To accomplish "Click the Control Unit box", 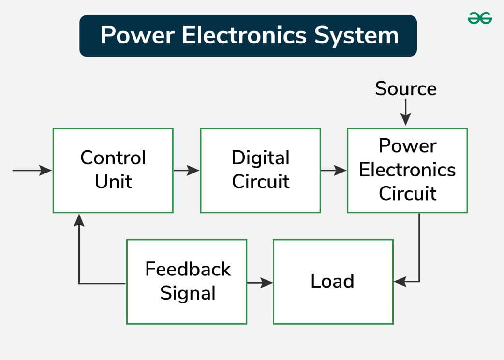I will pyautogui.click(x=113, y=170).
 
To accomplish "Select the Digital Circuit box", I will pyautogui.click(x=260, y=170).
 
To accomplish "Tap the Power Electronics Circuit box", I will pyautogui.click(x=407, y=170).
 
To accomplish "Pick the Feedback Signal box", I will pyautogui.click(x=187, y=281).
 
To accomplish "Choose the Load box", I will pyautogui.click(x=333, y=281).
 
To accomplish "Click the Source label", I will pyautogui.click(x=406, y=88).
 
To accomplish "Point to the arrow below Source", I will pyautogui.click(x=406, y=114).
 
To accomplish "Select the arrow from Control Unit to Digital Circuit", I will pyautogui.click(x=186, y=170).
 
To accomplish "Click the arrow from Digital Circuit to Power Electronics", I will pyautogui.click(x=334, y=170).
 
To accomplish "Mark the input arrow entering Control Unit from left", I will pyautogui.click(x=32, y=170).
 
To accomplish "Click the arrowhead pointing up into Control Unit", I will pyautogui.click(x=79, y=220).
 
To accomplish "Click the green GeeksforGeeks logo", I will pyautogui.click(x=480, y=18).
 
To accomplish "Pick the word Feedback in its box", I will pyautogui.click(x=188, y=269).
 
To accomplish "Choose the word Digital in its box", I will pyautogui.click(x=260, y=158).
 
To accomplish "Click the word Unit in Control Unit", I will pyautogui.click(x=113, y=182).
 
